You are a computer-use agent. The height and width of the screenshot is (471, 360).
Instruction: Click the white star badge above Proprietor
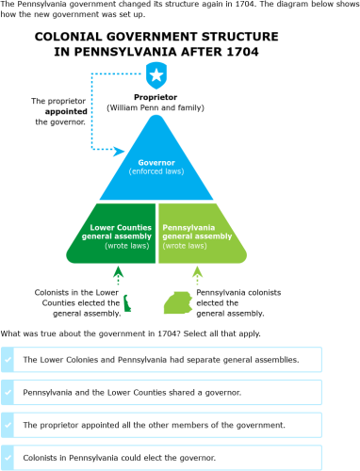pyautogui.click(x=156, y=74)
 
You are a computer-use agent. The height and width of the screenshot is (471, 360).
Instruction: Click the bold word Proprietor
pyautogui.click(x=155, y=96)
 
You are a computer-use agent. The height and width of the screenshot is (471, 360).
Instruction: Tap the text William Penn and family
pyautogui.click(x=156, y=107)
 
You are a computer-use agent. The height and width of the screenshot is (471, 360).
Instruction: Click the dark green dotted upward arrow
pyautogui.click(x=118, y=275)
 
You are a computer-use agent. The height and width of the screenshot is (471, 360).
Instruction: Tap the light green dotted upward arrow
pyautogui.click(x=197, y=275)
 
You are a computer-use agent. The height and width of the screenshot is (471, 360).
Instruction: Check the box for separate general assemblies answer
pyautogui.click(x=8, y=360)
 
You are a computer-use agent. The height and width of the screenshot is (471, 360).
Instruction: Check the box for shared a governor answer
pyautogui.click(x=8, y=392)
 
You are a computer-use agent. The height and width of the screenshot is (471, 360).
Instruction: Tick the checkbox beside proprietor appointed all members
pyautogui.click(x=8, y=425)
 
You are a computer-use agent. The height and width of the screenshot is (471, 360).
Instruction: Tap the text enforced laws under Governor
pyautogui.click(x=156, y=172)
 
